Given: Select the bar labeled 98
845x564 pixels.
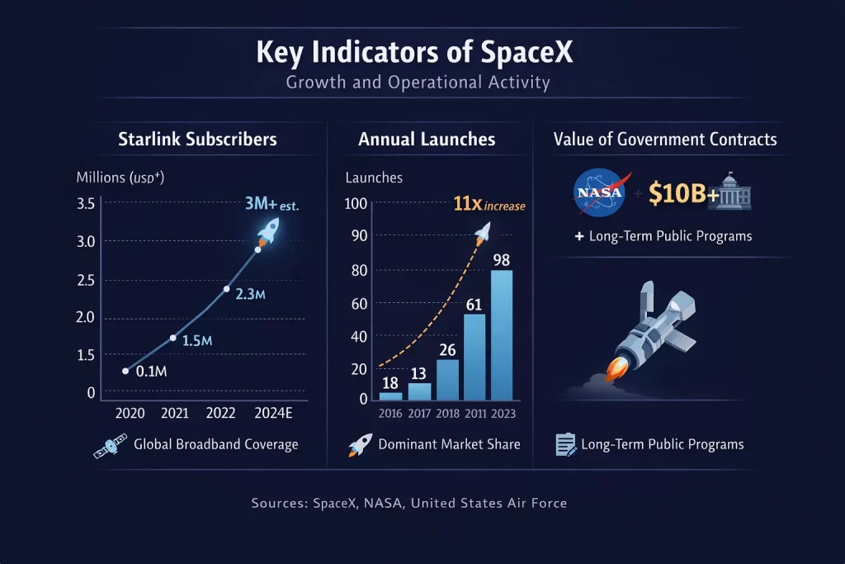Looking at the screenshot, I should tap(500, 334).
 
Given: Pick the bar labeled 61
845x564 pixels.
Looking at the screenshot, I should tap(474, 356).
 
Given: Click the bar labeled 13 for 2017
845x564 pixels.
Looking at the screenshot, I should tap(420, 391).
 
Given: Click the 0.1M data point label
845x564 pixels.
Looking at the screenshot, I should tap(150, 372).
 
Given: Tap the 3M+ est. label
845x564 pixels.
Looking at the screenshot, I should tap(271, 203).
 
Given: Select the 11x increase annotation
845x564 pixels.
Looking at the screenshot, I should tap(489, 205).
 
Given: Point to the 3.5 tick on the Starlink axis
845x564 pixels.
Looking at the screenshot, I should tap(86, 204).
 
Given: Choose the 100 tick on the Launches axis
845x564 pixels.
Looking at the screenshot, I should tap(356, 204).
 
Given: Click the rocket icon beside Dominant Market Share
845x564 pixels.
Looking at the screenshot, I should tap(359, 445).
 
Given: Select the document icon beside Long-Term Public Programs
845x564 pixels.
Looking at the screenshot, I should tap(565, 445).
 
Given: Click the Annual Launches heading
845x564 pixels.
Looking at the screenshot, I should tap(427, 139).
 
